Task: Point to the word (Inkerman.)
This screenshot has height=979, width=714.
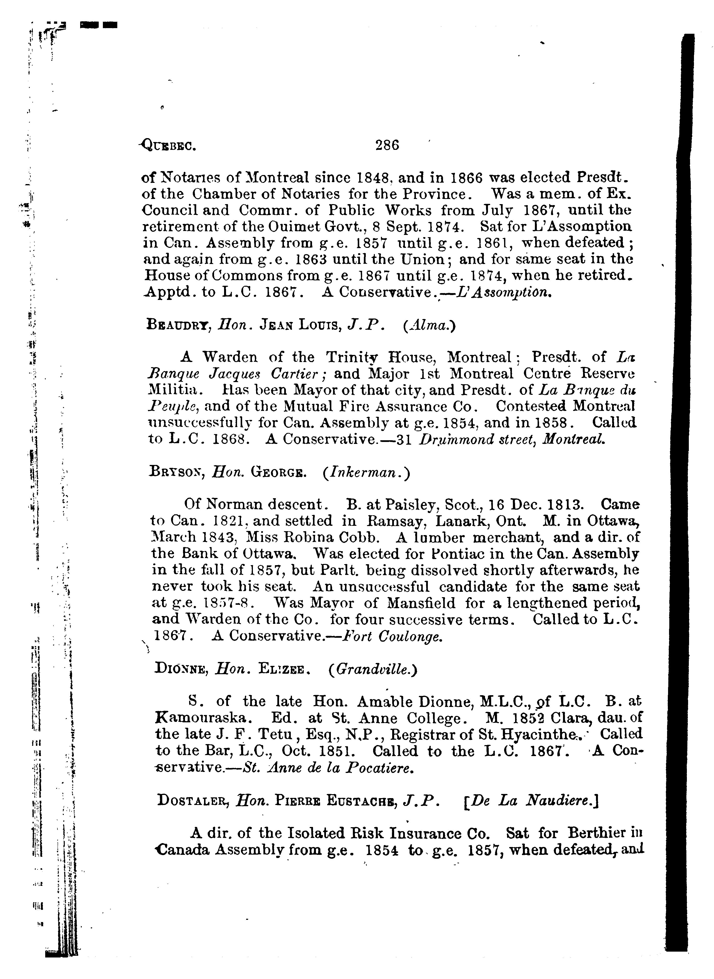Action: click(366, 472)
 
